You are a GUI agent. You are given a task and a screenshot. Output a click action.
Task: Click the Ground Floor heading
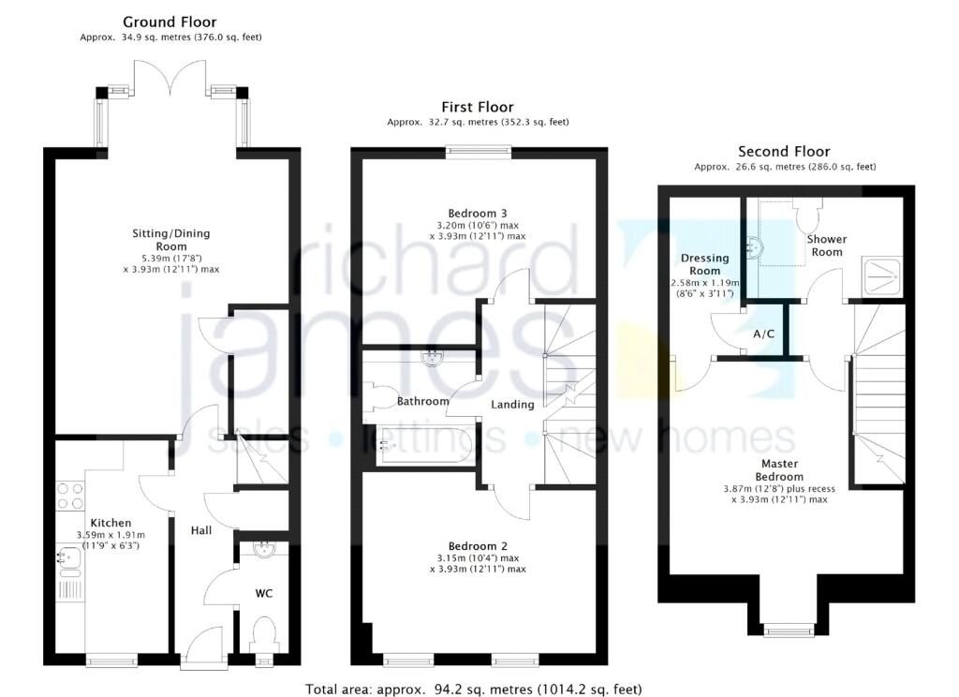(x=170, y=22)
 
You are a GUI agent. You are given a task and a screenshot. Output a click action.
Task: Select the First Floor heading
(x=478, y=107)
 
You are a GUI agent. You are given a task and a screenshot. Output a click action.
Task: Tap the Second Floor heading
(x=784, y=151)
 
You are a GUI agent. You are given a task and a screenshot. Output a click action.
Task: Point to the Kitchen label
(x=111, y=523)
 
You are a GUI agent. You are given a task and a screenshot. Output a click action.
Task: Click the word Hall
(x=200, y=530)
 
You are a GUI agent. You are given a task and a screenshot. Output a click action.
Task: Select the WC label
(x=264, y=593)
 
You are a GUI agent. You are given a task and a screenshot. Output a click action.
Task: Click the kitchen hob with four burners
(x=70, y=495)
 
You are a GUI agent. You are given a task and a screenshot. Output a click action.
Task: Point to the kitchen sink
(x=69, y=558)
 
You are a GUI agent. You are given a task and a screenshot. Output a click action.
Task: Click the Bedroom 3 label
(x=478, y=213)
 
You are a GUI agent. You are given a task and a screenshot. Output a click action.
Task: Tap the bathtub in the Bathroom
(x=418, y=446)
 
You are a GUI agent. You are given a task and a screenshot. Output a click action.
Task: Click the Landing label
(x=512, y=405)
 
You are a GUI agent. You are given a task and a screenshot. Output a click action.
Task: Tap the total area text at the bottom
(x=473, y=689)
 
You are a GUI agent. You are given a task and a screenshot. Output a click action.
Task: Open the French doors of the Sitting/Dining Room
(x=170, y=80)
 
